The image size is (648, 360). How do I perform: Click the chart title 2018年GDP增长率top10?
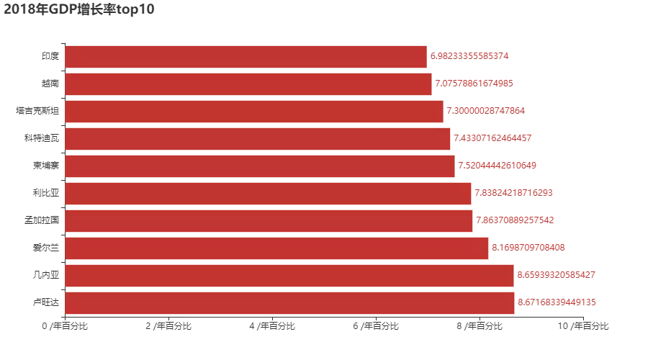(78, 9)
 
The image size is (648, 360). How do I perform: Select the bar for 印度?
(246, 56)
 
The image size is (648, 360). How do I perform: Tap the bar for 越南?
(248, 84)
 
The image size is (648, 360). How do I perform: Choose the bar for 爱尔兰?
(276, 248)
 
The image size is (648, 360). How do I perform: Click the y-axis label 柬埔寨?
(45, 166)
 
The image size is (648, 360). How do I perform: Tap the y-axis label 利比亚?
(45, 193)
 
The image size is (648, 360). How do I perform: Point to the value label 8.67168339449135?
(557, 302)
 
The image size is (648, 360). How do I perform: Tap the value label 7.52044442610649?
(497, 166)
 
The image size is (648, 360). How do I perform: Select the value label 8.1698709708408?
(528, 248)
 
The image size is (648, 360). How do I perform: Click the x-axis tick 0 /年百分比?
(65, 326)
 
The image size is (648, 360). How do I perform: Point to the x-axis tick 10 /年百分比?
(584, 326)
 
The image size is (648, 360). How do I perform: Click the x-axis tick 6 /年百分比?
(377, 326)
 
